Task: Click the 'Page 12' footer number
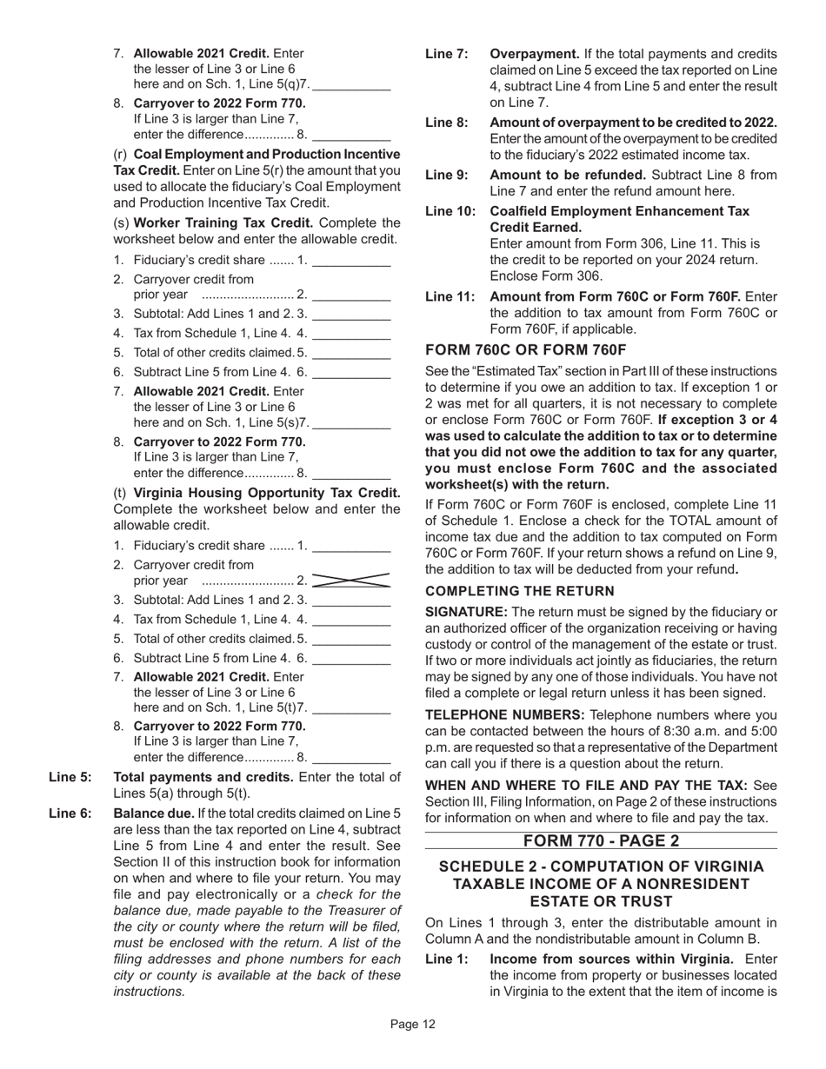point(412,1025)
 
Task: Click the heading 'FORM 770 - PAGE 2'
point(601,840)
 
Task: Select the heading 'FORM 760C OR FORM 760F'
point(525,350)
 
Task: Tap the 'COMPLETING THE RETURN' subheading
point(519,591)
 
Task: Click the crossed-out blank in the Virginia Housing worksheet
point(350,581)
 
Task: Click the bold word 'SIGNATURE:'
point(466,612)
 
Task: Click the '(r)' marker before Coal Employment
point(122,154)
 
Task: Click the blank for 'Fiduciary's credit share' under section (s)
point(350,259)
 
